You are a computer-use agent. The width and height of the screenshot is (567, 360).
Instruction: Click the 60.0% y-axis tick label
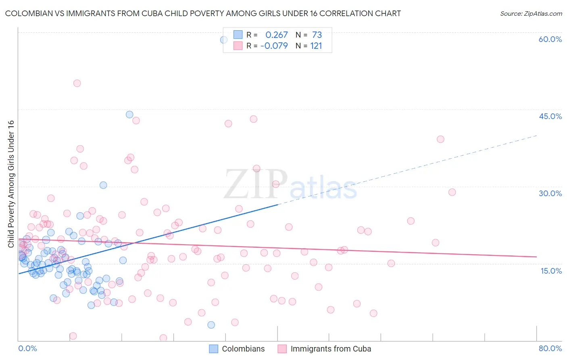(550, 39)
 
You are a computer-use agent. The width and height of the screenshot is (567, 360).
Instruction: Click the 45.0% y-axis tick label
(550, 116)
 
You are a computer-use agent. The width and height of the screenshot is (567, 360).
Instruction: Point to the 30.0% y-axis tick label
(550, 193)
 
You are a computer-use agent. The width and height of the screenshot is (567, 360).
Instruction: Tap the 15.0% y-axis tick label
(551, 271)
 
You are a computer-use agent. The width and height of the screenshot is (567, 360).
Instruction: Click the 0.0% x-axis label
(27, 348)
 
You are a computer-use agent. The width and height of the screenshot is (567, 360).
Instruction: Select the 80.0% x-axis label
(550, 348)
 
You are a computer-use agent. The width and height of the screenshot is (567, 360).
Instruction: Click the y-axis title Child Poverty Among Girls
(11, 184)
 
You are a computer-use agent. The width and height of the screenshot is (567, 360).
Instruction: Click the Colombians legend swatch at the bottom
(214, 349)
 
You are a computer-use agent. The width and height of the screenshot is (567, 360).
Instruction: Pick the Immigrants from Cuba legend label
(331, 349)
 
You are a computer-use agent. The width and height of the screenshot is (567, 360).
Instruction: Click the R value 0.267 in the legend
(276, 35)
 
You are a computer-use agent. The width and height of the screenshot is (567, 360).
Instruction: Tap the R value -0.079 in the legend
(274, 46)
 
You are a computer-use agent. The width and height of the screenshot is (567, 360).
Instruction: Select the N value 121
(316, 46)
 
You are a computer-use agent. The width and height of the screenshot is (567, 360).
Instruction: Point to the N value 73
(317, 35)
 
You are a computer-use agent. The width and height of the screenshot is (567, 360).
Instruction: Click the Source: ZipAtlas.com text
(531, 14)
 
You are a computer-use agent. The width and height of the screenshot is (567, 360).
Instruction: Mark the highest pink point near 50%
(77, 83)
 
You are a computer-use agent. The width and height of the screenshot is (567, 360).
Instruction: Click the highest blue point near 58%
(223, 40)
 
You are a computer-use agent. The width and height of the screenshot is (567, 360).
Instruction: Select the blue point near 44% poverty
(129, 114)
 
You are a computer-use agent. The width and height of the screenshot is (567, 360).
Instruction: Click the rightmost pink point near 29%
(452, 192)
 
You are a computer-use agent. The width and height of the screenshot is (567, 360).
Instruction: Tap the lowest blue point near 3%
(211, 325)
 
